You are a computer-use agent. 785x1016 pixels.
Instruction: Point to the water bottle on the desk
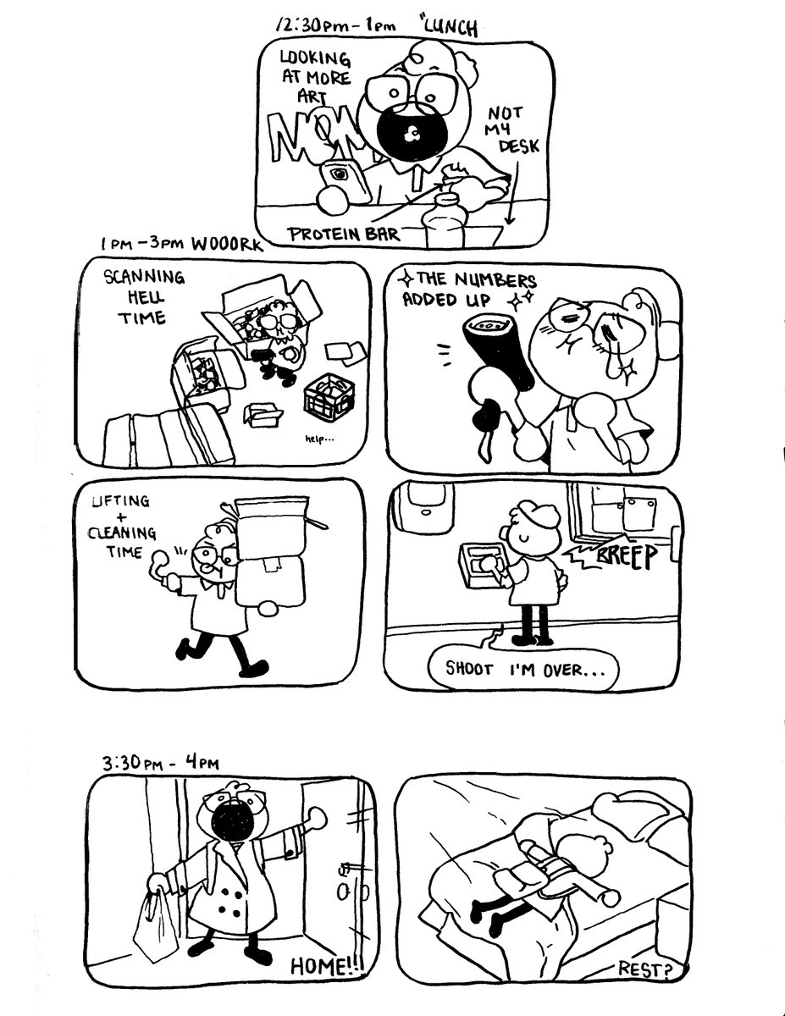point(447,219)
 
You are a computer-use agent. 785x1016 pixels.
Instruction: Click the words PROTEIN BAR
point(343,233)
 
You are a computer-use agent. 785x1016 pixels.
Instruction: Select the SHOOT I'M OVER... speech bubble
point(524,669)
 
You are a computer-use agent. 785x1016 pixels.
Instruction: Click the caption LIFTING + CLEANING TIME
point(125,522)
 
